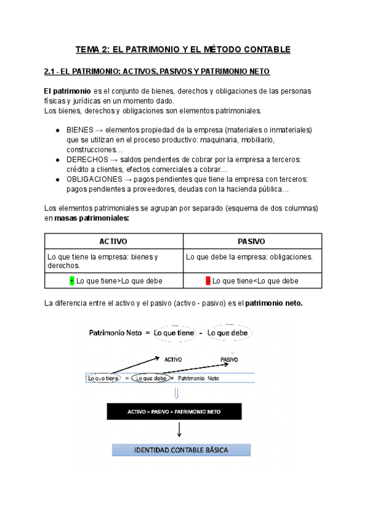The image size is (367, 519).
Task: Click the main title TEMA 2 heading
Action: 183,49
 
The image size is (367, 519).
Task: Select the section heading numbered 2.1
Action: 157,72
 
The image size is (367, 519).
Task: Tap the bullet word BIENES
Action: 80,130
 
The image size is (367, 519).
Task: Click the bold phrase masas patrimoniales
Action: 91,218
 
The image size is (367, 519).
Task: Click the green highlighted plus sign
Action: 72,281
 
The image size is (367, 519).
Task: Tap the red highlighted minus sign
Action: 208,281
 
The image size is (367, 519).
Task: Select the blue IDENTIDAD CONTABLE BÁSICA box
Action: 180,450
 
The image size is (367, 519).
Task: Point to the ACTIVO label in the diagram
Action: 173,359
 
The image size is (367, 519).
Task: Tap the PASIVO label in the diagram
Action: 229,359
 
